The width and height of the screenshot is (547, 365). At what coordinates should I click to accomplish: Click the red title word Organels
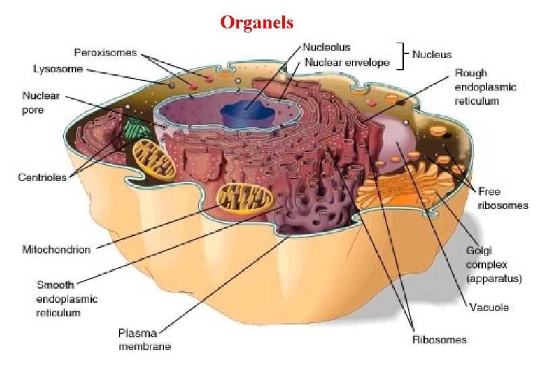coord(257,22)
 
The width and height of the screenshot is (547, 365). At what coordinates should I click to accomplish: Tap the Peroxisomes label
coord(105,52)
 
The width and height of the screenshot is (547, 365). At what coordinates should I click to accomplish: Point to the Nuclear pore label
coord(41,103)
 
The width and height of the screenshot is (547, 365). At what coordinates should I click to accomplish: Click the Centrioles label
coord(42,177)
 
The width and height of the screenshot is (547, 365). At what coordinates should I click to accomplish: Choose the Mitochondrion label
coord(57,249)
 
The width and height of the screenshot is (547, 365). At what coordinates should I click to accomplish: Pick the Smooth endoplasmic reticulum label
coord(67,298)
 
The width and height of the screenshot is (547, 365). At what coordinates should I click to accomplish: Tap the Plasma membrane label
coord(145,339)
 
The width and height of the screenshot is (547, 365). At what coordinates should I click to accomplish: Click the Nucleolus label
coord(326,47)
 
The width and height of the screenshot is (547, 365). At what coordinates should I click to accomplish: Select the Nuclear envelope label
coord(346,63)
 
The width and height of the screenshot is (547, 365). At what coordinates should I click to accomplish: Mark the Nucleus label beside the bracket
coord(432,54)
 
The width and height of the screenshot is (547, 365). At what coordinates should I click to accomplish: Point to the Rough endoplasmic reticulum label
coord(485,87)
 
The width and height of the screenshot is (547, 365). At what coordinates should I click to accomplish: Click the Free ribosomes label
coord(502,198)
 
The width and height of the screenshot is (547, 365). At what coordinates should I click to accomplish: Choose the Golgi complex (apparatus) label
coord(494,264)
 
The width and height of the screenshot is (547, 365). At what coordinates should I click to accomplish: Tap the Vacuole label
coord(490,308)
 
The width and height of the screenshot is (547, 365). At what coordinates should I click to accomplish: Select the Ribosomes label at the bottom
coord(439,339)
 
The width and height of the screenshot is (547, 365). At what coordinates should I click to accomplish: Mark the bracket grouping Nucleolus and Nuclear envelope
coord(402,55)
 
